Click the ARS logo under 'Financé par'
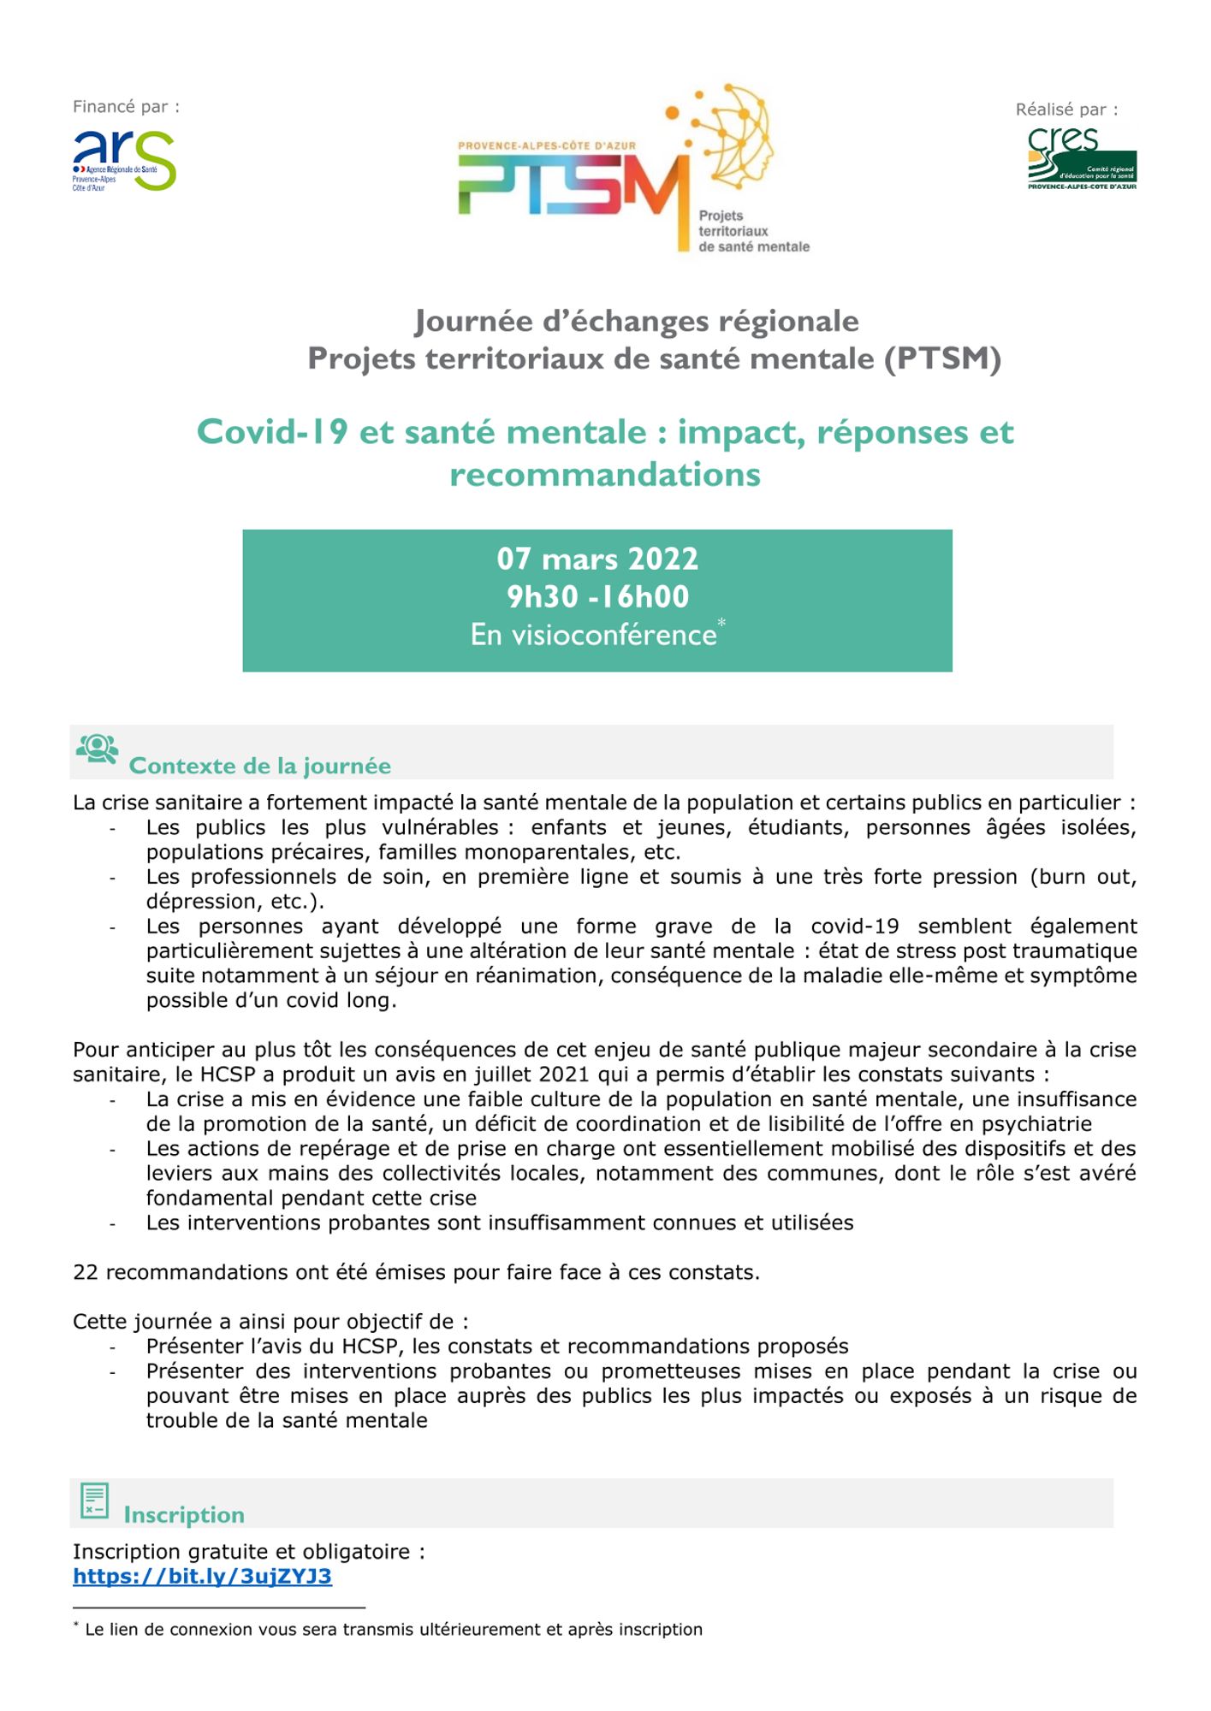pyautogui.click(x=123, y=160)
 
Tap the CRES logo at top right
pyautogui.click(x=1082, y=159)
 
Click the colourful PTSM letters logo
pyautogui.click(x=573, y=184)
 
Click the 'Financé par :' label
pyautogui.click(x=126, y=107)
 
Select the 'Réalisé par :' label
pyautogui.click(x=1066, y=110)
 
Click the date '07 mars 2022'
pyautogui.click(x=597, y=559)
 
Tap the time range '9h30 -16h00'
pyautogui.click(x=597, y=596)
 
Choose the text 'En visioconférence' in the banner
pyautogui.click(x=593, y=635)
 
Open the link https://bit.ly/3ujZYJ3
pyautogui.click(x=202, y=1577)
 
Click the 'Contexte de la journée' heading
pyautogui.click(x=259, y=766)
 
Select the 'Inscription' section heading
pyautogui.click(x=184, y=1515)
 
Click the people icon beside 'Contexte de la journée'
pyautogui.click(x=98, y=749)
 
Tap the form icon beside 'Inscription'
pyautogui.click(x=94, y=1501)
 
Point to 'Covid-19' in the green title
pyautogui.click(x=272, y=432)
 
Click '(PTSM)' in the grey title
pyautogui.click(x=943, y=358)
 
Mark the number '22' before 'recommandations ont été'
pyautogui.click(x=86, y=1272)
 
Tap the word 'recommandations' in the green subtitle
pyautogui.click(x=605, y=475)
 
